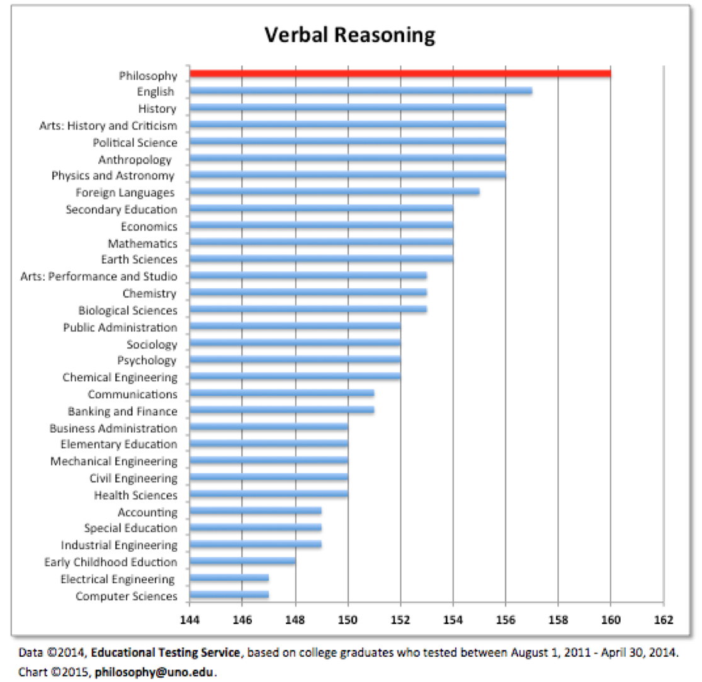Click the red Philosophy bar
pyautogui.click(x=400, y=74)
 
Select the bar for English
pyautogui.click(x=360, y=91)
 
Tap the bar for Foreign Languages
pyautogui.click(x=334, y=191)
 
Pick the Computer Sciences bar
pyautogui.click(x=229, y=595)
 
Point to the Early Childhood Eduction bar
pyautogui.click(x=242, y=561)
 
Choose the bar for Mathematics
pyautogui.click(x=321, y=242)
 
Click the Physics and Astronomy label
pyautogui.click(x=113, y=176)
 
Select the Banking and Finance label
pyautogui.click(x=122, y=411)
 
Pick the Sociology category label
pyautogui.click(x=152, y=344)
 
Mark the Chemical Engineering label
pyautogui.click(x=120, y=377)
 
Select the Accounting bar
pyautogui.click(x=255, y=511)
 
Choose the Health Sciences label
pyautogui.click(x=135, y=495)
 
